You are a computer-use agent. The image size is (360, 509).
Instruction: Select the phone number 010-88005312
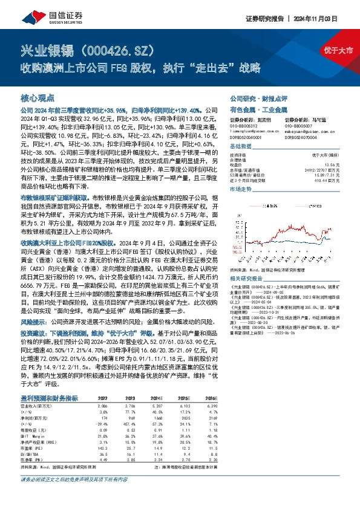244,126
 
